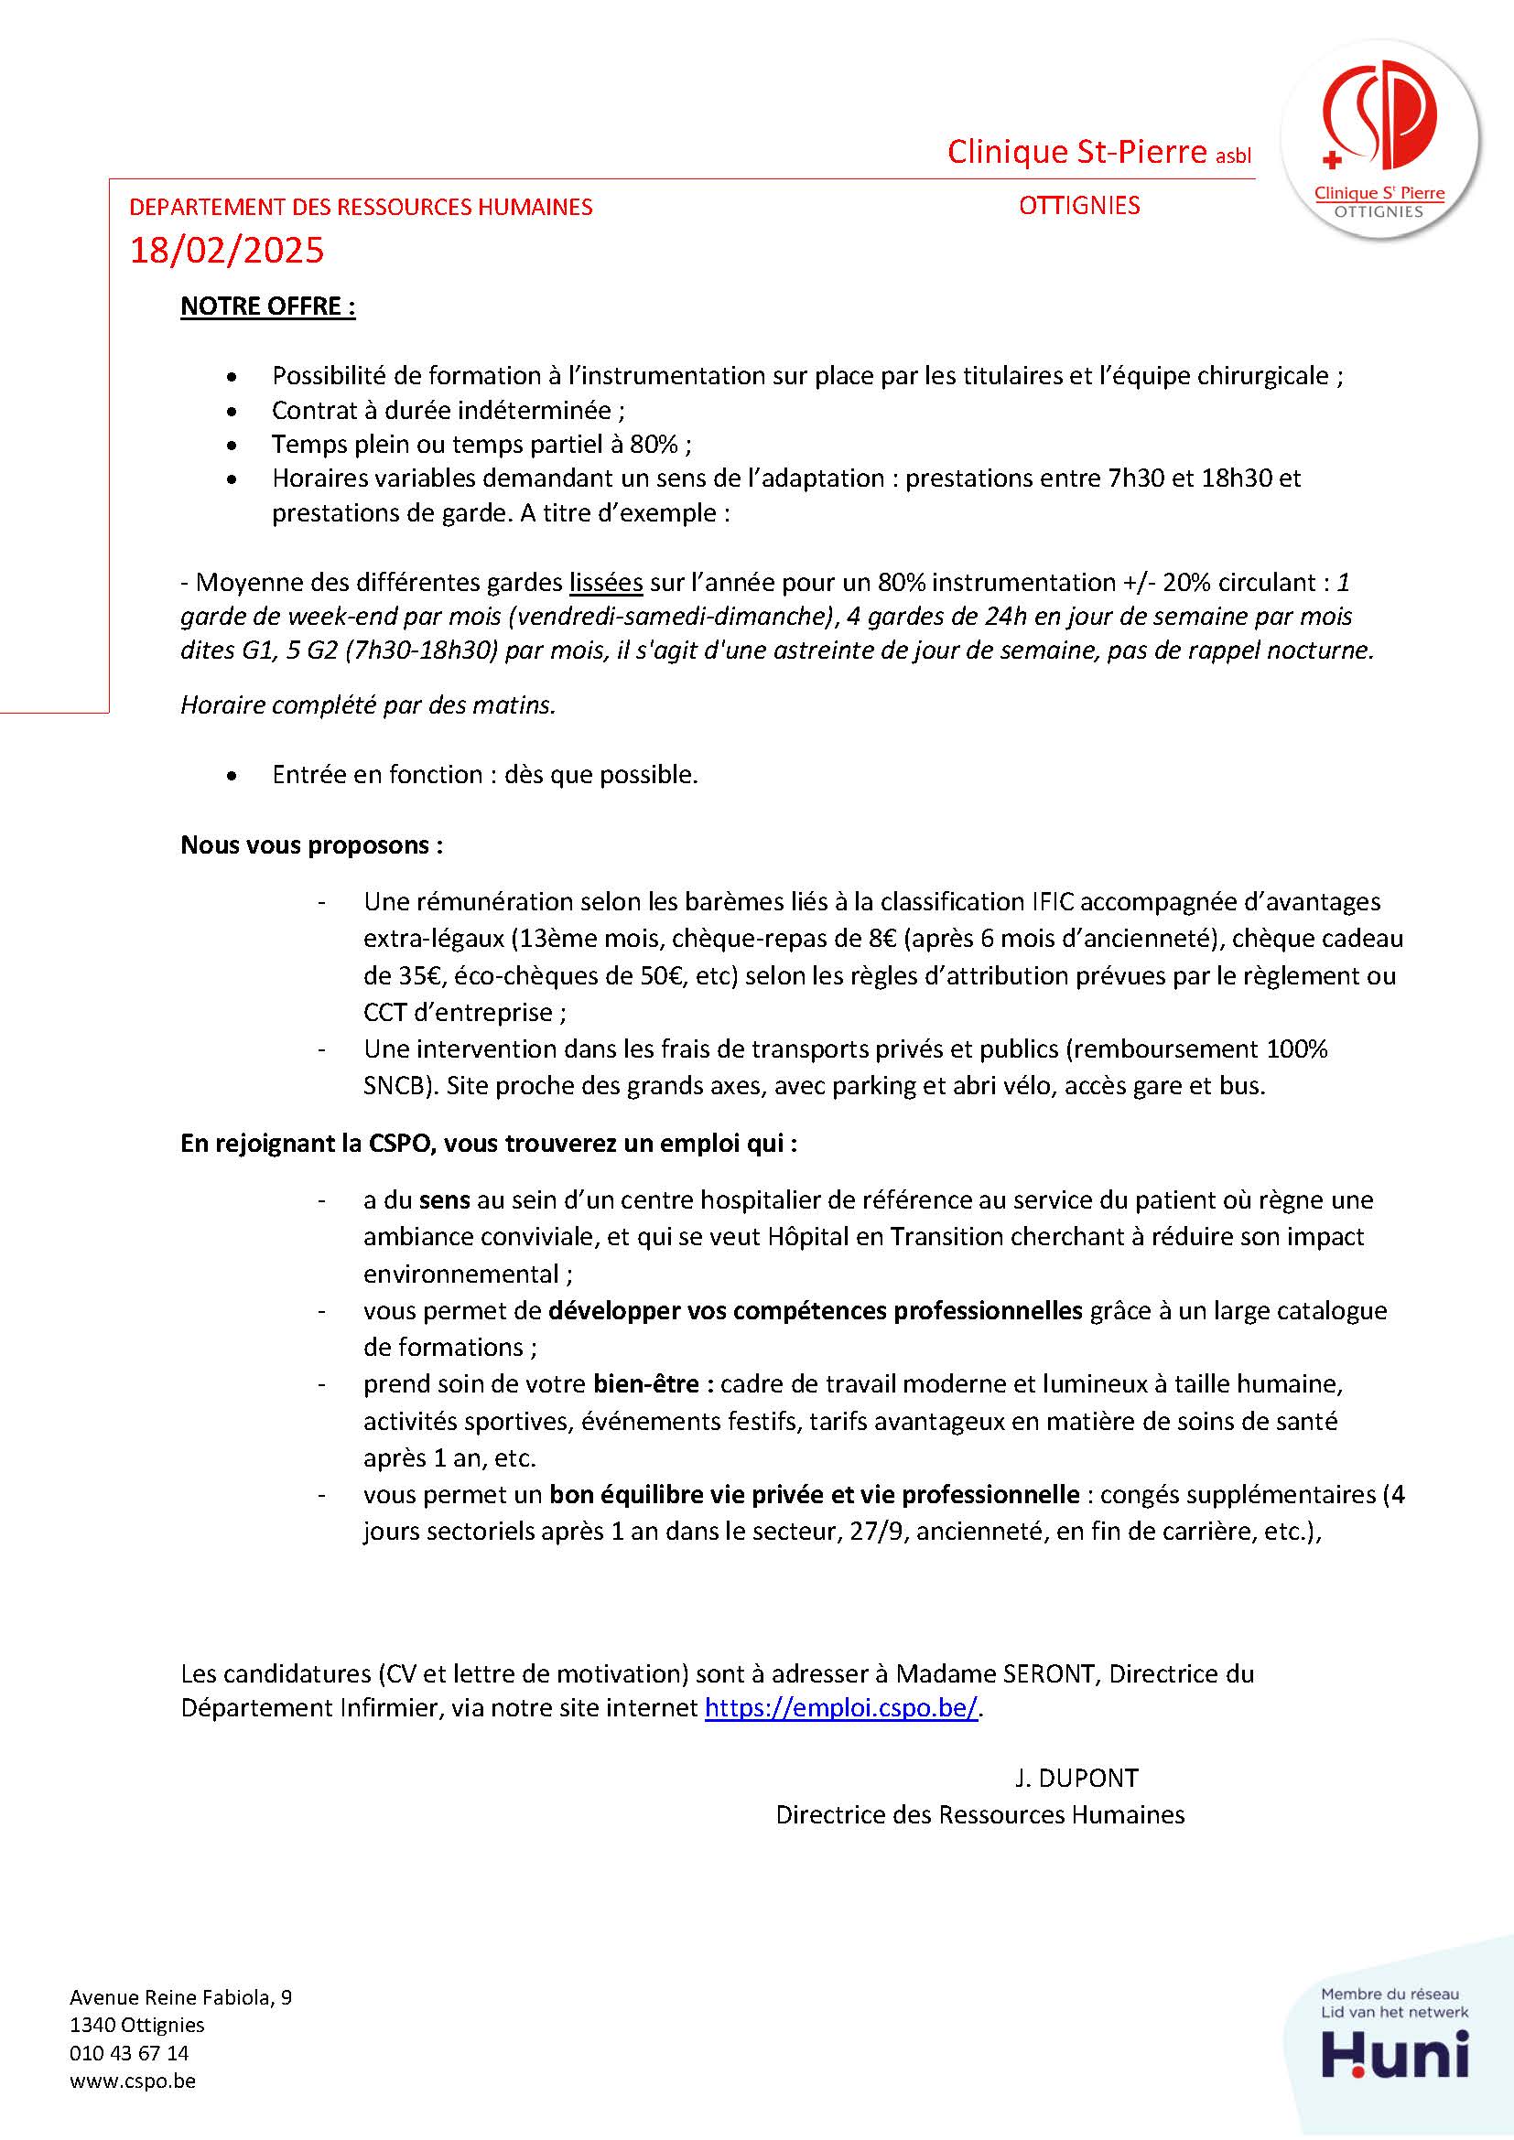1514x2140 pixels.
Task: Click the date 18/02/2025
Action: pyautogui.click(x=226, y=251)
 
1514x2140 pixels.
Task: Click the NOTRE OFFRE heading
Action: pyautogui.click(x=267, y=306)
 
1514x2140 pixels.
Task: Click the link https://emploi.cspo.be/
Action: pyautogui.click(x=841, y=1707)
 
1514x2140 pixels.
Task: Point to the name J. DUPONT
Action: pyautogui.click(x=1076, y=1778)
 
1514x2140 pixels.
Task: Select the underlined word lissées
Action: pyautogui.click(x=606, y=583)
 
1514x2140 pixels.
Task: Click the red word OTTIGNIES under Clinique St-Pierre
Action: pyautogui.click(x=1078, y=206)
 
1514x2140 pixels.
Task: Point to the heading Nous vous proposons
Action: pyautogui.click(x=311, y=845)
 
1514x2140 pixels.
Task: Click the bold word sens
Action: pyautogui.click(x=445, y=1199)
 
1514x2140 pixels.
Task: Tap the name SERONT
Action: pyautogui.click(x=1047, y=1673)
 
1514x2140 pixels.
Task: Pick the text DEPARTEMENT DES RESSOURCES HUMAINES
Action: pyautogui.click(x=360, y=207)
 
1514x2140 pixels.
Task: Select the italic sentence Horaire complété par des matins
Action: pyautogui.click(x=367, y=705)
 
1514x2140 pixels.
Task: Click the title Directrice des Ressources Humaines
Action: pyautogui.click(x=979, y=1813)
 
